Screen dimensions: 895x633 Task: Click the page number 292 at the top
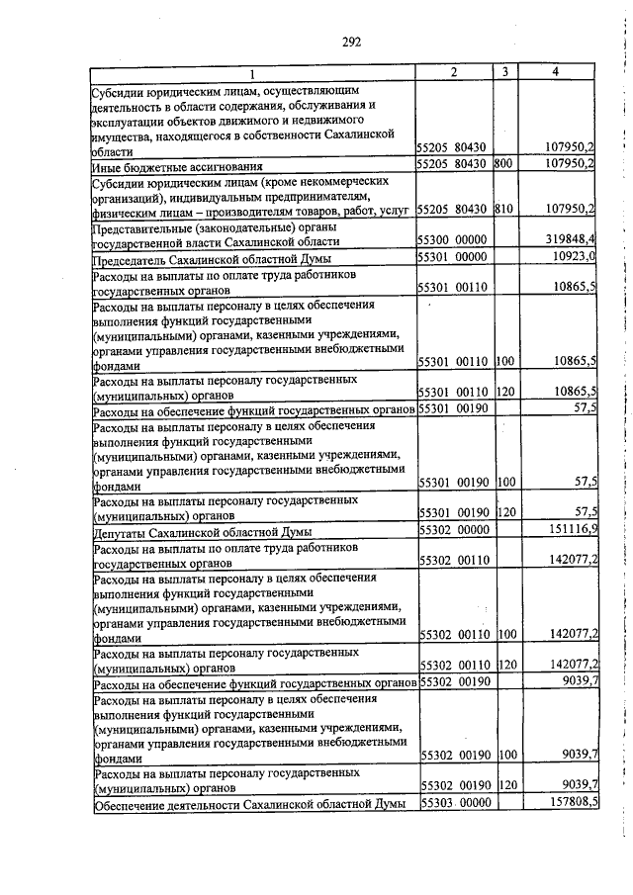351,42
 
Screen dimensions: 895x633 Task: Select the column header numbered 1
252,74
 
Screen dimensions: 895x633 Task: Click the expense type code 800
503,163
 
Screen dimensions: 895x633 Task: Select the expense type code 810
503,209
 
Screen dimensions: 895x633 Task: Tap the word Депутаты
122,531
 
